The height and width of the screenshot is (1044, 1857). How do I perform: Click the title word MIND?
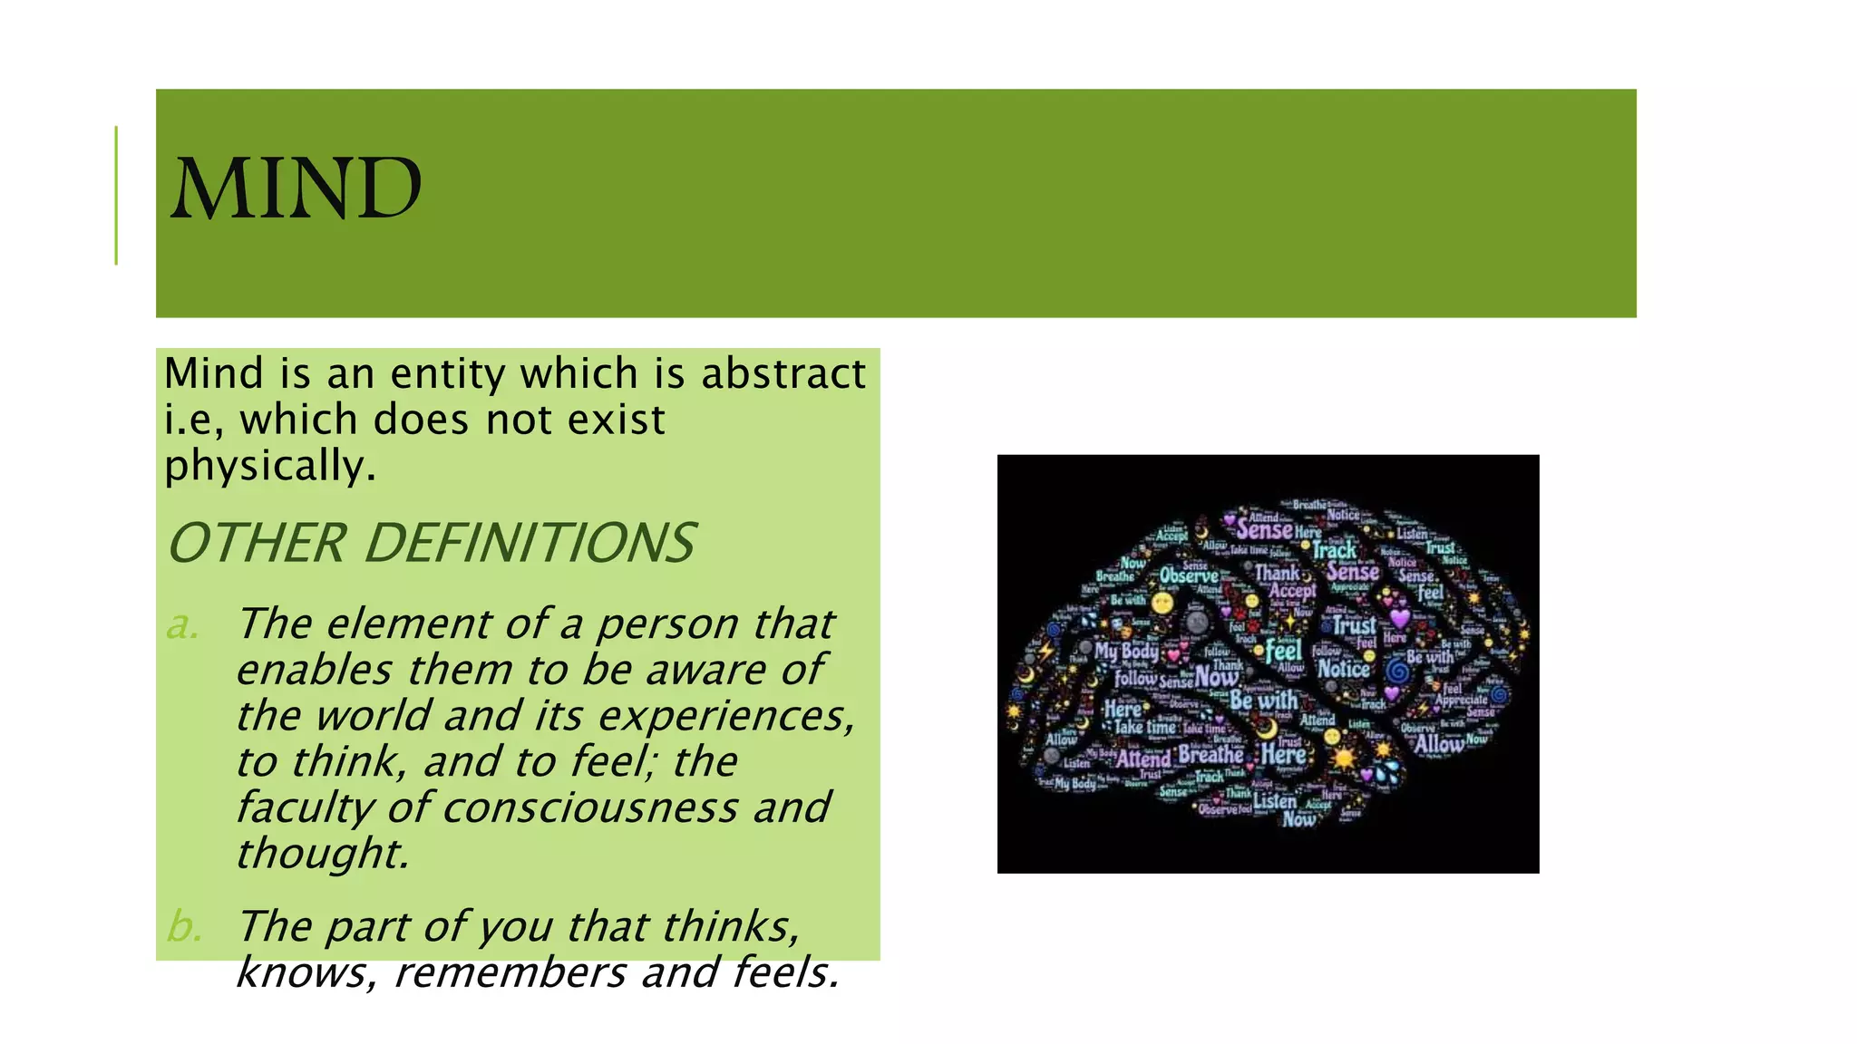pos(296,188)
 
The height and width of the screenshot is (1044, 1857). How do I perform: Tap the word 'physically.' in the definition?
pos(269,466)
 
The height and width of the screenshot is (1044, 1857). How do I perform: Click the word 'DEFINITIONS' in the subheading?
pos(530,543)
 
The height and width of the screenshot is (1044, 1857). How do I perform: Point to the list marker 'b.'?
pos(184,927)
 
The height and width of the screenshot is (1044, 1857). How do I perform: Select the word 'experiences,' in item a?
pos(725,716)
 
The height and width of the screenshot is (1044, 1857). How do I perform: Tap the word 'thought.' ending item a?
pos(323,854)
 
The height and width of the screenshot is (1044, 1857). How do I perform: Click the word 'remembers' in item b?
pos(510,972)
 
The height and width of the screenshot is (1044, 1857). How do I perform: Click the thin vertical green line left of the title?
pos(116,195)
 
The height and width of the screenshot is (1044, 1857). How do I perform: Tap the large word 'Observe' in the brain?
pos(1189,575)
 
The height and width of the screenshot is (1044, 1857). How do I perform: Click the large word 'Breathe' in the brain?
pos(1210,754)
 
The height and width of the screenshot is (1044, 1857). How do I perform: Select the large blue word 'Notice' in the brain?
pos(1344,669)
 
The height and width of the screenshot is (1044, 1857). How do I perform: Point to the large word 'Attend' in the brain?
pos(1143,758)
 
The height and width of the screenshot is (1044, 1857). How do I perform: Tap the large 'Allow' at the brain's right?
pos(1439,744)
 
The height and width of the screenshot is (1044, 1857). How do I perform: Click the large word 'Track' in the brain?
pos(1335,550)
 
